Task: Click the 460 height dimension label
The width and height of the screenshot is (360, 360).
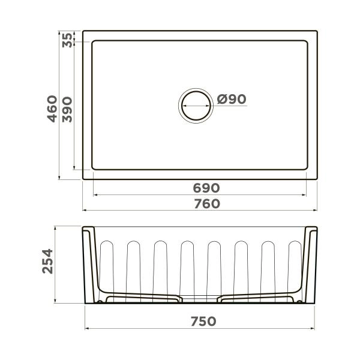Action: pyautogui.click(x=53, y=109)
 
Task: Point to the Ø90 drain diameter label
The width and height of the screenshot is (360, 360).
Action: pyautogui.click(x=232, y=100)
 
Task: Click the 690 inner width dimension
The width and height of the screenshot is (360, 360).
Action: pyautogui.click(x=206, y=188)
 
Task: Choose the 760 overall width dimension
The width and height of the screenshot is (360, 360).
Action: pyautogui.click(x=206, y=204)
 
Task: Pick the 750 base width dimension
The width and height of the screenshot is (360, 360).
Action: pyautogui.click(x=202, y=322)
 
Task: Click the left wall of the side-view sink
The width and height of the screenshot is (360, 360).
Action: pyautogui.click(x=88, y=264)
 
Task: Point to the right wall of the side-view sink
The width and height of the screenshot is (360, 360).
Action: pyautogui.click(x=311, y=264)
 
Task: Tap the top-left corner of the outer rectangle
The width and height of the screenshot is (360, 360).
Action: pyautogui.click(x=83, y=31)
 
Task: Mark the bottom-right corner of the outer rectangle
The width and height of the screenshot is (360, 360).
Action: pyautogui.click(x=317, y=179)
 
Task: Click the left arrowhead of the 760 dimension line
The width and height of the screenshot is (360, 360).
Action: pyautogui.click(x=84, y=211)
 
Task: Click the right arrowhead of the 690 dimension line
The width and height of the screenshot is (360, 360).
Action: pyautogui.click(x=307, y=195)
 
